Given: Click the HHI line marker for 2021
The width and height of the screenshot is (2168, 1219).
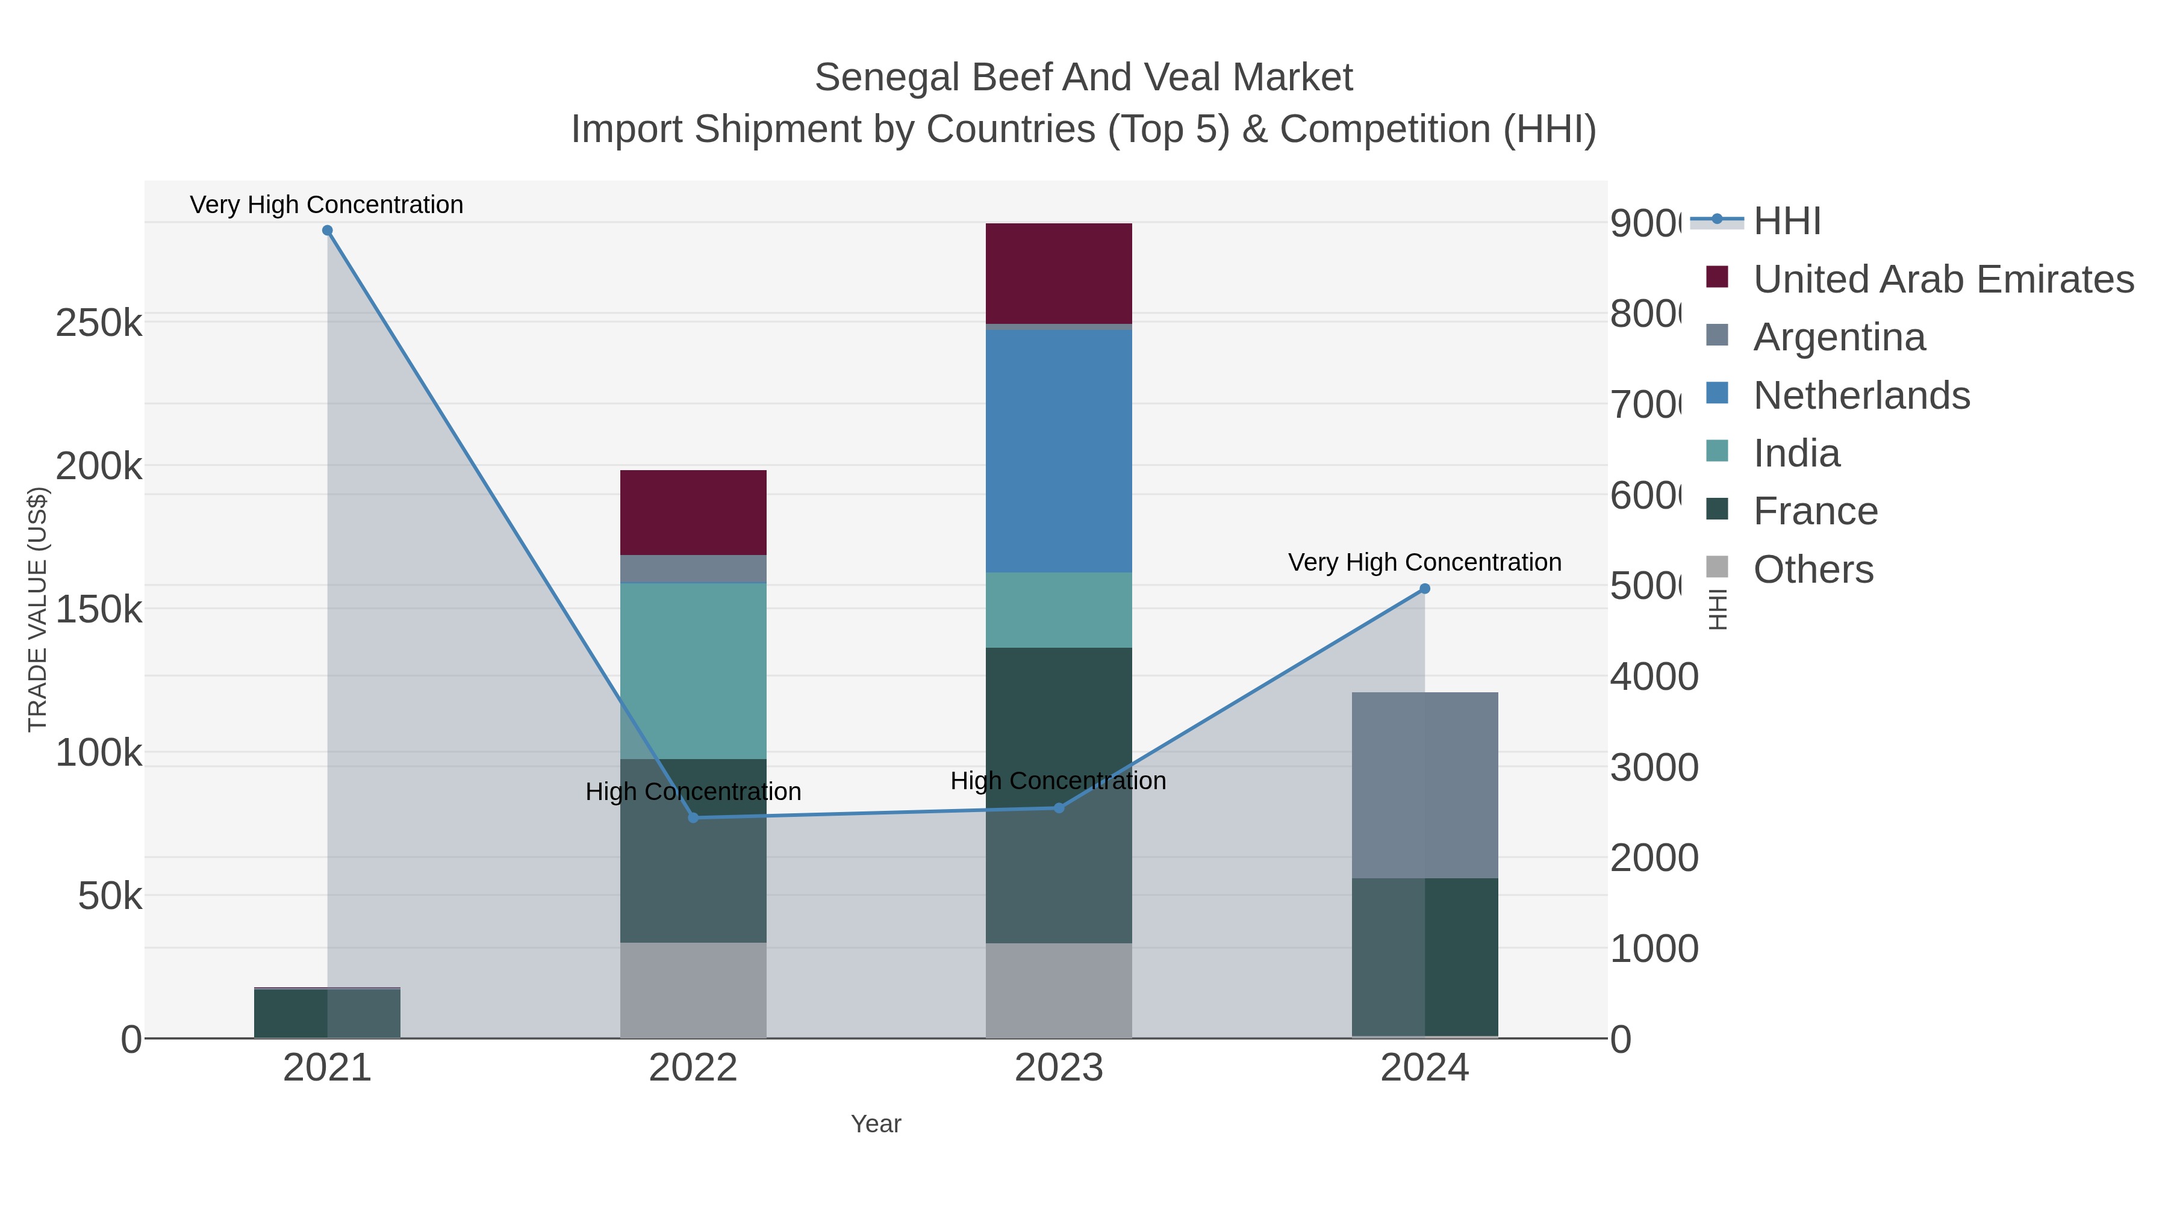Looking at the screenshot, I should pos(328,231).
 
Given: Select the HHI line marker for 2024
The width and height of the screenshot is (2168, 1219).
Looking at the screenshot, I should pos(1425,589).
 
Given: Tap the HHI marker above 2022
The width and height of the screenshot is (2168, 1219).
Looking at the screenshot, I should pos(694,817).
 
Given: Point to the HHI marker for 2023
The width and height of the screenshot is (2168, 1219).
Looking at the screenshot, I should pos(1059,808).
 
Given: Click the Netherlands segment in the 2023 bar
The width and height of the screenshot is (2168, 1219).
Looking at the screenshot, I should pos(1059,450).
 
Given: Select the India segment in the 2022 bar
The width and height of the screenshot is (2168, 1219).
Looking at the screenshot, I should pos(694,671).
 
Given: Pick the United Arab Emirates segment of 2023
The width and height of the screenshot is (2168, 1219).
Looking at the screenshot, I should pos(1059,273).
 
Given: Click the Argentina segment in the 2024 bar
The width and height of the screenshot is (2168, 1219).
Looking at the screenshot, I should pos(1425,785).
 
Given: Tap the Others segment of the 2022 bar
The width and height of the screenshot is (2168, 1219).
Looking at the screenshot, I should pos(694,990).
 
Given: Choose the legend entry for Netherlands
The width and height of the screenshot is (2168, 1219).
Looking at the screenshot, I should pos(1861,395).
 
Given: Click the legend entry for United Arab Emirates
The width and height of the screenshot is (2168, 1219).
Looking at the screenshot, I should pos(1942,279).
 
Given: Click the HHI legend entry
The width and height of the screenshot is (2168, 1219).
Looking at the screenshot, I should pos(1786,222).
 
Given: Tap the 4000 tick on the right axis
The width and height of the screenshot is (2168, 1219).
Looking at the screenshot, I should pos(1654,677).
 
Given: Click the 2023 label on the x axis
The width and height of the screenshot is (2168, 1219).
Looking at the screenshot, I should pos(1059,1069).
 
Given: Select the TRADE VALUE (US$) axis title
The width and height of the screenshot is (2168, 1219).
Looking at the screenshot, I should pos(38,609).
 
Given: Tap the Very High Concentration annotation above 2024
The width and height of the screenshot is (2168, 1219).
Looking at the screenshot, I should pos(1424,562).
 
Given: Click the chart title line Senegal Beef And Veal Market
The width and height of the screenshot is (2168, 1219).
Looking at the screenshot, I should pos(1083,78).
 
